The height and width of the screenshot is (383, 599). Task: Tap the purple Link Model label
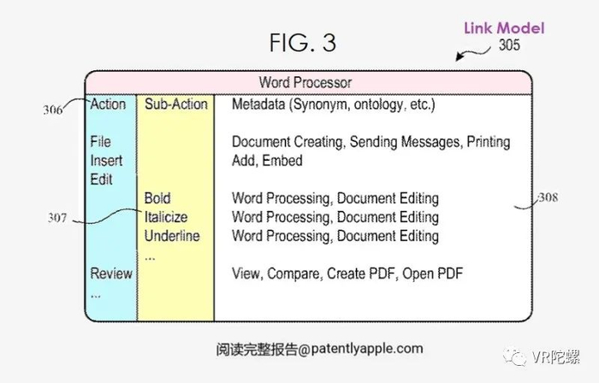pos(504,28)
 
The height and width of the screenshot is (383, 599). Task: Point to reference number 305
pos(509,46)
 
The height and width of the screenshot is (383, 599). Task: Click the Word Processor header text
pos(305,83)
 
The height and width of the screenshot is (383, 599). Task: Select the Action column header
pos(108,104)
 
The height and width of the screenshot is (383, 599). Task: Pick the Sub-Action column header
pos(175,104)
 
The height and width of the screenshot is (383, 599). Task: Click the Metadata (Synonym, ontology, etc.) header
pos(334,104)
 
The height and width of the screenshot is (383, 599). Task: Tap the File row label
pos(100,141)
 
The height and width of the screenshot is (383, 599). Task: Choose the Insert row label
pos(106,160)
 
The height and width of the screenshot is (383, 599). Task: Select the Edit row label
pos(101,179)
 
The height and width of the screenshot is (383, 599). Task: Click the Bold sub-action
pos(157,198)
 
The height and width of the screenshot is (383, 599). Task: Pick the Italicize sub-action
pos(166,217)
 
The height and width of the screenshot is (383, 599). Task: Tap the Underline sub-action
pos(171,236)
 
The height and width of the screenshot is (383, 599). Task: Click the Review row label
pos(111,274)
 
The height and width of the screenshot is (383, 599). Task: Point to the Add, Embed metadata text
pos(267,160)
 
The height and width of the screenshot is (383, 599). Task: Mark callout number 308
pos(548,198)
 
